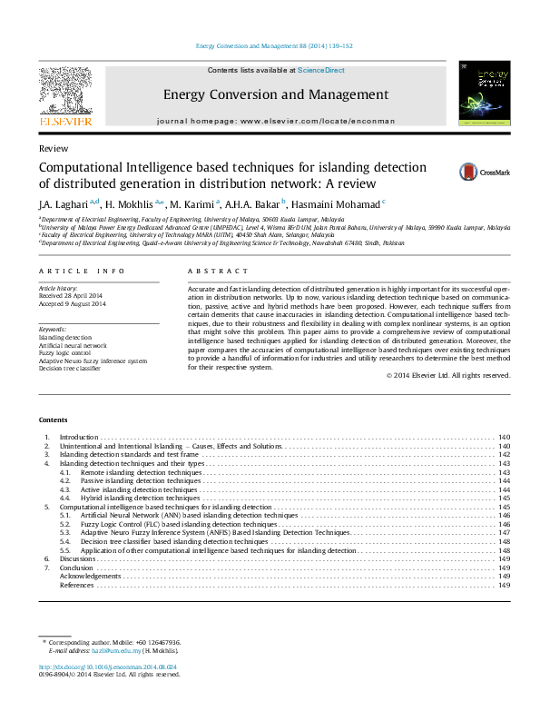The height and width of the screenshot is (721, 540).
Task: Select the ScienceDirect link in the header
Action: [x=321, y=70]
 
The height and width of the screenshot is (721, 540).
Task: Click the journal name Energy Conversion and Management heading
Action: [x=276, y=94]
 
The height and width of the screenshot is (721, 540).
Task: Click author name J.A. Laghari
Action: [x=63, y=203]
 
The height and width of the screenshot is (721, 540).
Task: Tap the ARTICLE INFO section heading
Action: [x=83, y=272]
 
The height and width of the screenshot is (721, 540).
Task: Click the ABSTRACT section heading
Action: [x=217, y=272]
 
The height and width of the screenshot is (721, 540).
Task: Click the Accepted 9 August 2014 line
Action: [x=73, y=303]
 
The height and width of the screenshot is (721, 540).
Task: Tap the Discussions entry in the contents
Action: [x=77, y=558]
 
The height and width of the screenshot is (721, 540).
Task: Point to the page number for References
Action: [x=504, y=585]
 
